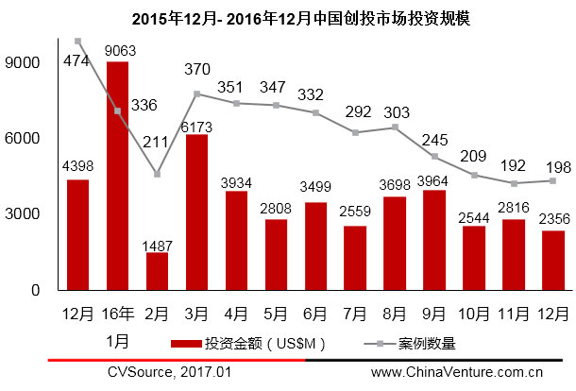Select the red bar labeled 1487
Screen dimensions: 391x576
157,271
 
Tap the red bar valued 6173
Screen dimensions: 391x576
196,212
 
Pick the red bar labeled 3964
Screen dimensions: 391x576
434,240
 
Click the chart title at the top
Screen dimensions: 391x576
287,17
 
